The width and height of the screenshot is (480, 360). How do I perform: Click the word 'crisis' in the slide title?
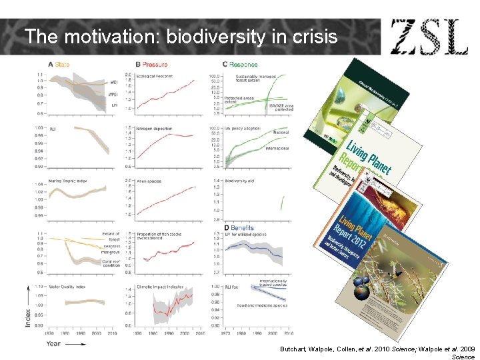315,36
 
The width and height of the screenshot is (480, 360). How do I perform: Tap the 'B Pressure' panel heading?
151,65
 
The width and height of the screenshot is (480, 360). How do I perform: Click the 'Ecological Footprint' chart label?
155,77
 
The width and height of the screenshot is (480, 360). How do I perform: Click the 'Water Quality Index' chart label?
67,287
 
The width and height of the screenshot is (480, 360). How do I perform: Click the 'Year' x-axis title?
53,344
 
